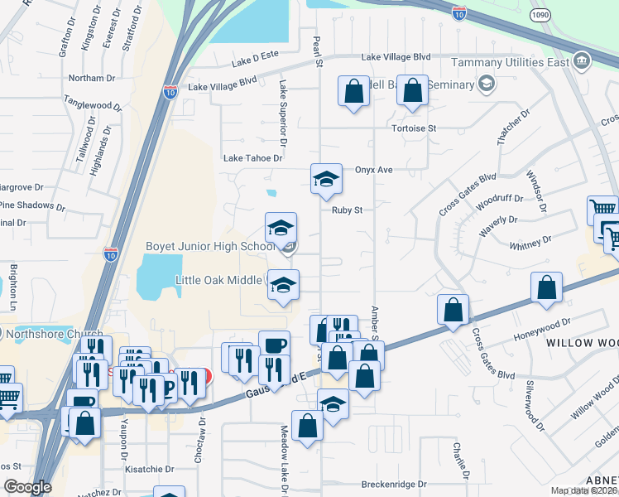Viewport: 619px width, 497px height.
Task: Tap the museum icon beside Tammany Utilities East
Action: pos(582,61)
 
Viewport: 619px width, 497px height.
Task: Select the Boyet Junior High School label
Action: pos(210,247)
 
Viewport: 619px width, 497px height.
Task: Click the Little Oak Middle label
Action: pos(218,280)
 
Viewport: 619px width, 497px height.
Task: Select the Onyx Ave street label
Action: pos(373,170)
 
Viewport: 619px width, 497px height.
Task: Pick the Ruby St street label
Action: pos(348,210)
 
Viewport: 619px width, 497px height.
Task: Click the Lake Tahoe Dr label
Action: pos(254,157)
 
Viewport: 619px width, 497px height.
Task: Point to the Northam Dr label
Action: pos(93,78)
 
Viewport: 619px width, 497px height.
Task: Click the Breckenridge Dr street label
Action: pos(393,484)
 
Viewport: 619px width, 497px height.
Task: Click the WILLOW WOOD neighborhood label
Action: pos(580,343)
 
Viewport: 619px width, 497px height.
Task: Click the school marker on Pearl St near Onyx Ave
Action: pos(326,178)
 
